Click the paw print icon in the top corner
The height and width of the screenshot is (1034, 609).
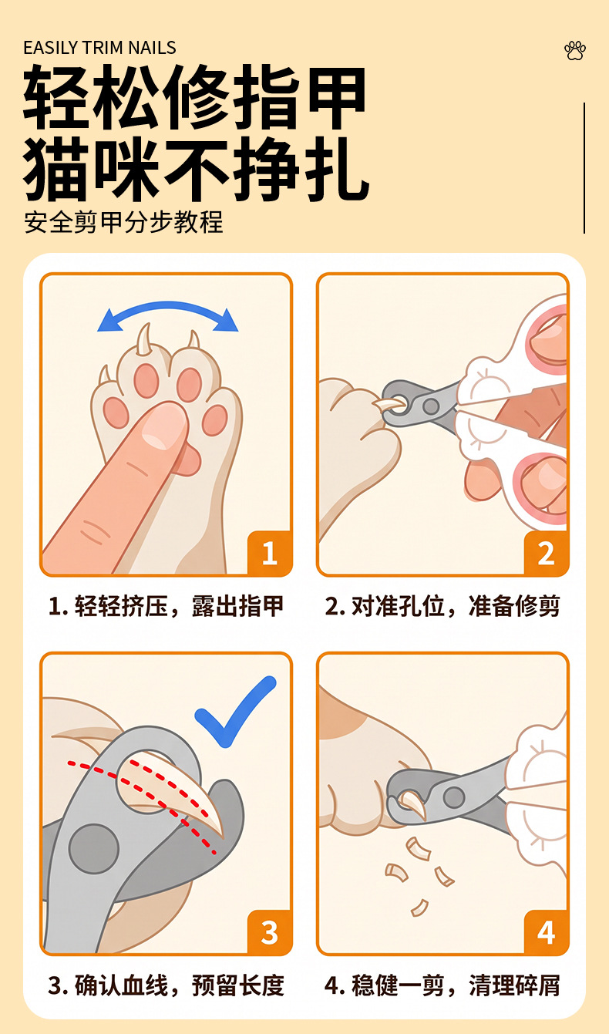[x=575, y=51]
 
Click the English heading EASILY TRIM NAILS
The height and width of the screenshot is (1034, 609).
[x=99, y=48]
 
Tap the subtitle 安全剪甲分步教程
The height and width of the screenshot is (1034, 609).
[x=123, y=222]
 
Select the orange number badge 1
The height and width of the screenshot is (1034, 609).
[x=270, y=553]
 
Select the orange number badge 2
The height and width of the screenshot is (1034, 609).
[x=546, y=553]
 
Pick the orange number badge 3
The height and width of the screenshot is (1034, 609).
[x=270, y=932]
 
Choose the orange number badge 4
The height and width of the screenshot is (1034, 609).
[x=546, y=932]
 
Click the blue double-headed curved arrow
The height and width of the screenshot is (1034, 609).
[x=168, y=305]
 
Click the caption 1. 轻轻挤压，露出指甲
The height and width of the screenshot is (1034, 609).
[x=166, y=606]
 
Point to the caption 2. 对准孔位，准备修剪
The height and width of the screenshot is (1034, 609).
[x=442, y=606]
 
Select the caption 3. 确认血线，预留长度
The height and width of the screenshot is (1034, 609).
[x=166, y=985]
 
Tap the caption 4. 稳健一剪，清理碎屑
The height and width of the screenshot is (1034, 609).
[x=442, y=985]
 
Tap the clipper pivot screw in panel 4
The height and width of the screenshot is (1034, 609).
[x=454, y=797]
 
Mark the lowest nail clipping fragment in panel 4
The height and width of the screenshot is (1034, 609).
[x=420, y=908]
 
